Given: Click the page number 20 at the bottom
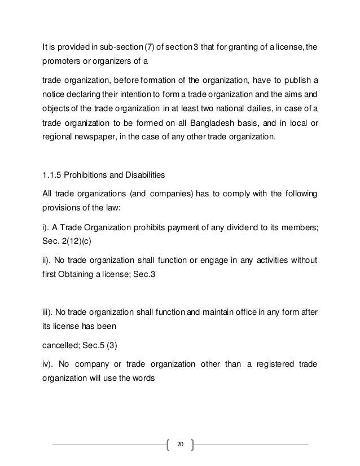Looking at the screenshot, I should tap(180, 444).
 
